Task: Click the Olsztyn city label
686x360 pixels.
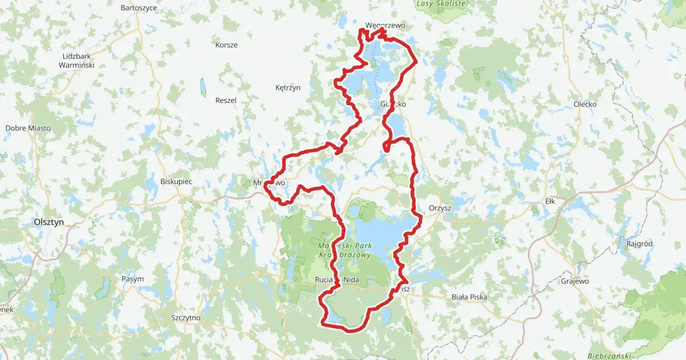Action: point(49,221)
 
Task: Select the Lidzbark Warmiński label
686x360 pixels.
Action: point(78,61)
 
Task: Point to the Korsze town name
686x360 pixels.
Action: point(226,45)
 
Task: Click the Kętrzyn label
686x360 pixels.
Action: point(288,87)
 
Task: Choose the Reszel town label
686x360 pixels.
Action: point(226,100)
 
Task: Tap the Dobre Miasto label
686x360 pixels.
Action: point(28,128)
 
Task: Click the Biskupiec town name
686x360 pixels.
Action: point(176,182)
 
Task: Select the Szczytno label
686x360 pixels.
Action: point(185,318)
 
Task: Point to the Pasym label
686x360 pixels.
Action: point(132,279)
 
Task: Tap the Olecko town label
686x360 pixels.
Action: point(585,104)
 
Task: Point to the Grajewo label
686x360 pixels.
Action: point(575,281)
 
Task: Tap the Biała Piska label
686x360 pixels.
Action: point(470,297)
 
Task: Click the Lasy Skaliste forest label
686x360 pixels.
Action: point(441,3)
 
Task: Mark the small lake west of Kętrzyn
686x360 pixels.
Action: point(203,87)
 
